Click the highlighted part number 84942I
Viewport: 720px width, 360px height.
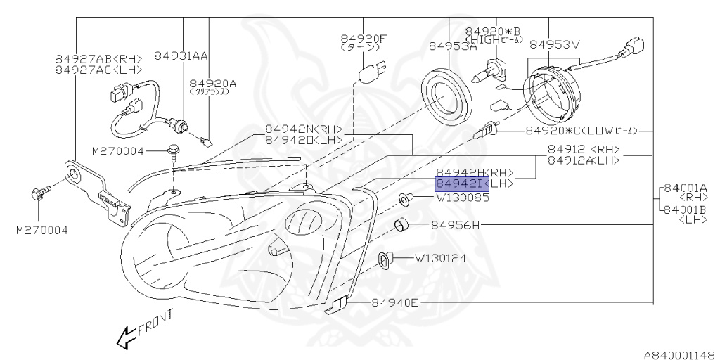pos(461,184)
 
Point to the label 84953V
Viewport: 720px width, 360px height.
pos(555,44)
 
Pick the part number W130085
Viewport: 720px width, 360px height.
pos(462,198)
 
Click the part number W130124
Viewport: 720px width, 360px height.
pos(440,259)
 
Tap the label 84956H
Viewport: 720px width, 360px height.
pos(454,226)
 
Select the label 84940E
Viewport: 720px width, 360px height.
pos(395,303)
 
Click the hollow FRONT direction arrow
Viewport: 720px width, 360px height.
pos(126,338)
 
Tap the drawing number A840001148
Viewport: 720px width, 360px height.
pos(679,354)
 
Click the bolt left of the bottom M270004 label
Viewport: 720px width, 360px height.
pos(40,192)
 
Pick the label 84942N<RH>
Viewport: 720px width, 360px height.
pos(303,129)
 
